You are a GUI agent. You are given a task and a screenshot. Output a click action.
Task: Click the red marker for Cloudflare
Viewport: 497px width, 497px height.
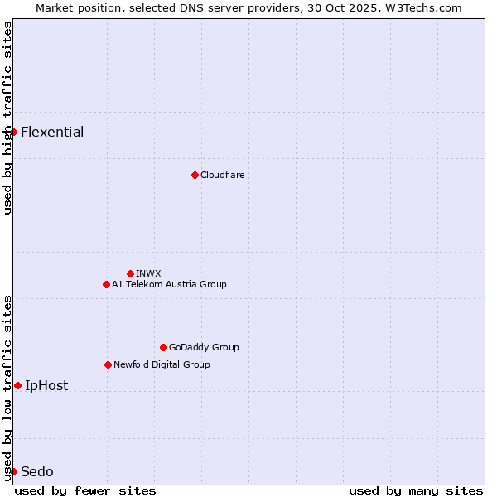point(195,175)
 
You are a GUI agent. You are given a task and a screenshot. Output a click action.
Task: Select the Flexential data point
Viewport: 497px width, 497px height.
point(13,132)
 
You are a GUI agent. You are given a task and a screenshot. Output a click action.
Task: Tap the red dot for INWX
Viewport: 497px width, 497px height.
point(130,273)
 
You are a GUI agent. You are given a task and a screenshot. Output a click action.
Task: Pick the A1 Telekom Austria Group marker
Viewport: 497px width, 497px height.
point(106,284)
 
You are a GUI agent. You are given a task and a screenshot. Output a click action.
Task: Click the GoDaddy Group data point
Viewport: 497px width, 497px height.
point(163,347)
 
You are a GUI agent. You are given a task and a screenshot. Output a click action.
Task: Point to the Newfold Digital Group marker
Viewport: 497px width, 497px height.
point(108,364)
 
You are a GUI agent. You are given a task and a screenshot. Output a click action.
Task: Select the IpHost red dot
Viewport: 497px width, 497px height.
point(17,385)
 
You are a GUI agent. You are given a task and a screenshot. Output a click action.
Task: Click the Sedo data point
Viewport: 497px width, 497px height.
point(13,471)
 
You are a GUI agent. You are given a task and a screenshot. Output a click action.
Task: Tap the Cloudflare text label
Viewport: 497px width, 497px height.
point(222,175)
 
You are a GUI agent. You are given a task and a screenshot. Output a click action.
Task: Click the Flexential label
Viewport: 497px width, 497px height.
point(52,132)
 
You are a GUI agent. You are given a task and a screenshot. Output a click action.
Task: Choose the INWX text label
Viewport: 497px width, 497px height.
point(148,273)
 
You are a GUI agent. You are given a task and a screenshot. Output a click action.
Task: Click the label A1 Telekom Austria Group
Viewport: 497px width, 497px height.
point(169,284)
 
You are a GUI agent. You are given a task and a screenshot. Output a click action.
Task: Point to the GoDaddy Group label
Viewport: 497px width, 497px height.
point(204,347)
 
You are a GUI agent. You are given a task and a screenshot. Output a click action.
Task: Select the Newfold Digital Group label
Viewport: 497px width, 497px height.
point(162,364)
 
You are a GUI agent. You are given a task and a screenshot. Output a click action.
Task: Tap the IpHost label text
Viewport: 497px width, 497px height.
point(46,385)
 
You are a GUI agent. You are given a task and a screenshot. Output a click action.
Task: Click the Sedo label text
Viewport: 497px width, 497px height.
point(37,471)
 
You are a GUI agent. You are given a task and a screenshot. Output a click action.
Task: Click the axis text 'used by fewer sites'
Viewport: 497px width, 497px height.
point(85,490)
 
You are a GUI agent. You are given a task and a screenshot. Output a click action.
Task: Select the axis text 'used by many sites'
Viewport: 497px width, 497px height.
point(416,490)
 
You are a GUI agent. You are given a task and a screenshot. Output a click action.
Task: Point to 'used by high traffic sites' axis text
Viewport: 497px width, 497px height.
point(7,118)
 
